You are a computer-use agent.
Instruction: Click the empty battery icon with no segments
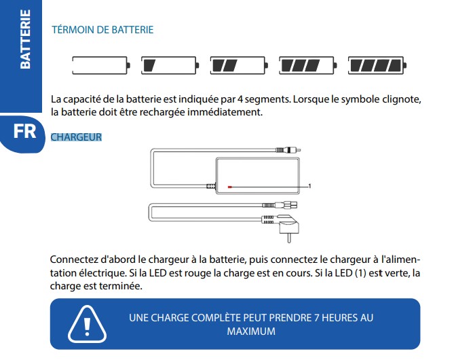click(100, 65)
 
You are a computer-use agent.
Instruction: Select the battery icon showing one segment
click(169, 65)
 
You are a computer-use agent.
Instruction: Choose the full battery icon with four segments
click(376, 65)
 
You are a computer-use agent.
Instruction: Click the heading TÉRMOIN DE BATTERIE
click(102, 30)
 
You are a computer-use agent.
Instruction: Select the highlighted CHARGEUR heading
click(76, 137)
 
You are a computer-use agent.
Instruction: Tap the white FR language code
click(24, 131)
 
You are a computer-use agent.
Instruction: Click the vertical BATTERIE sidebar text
click(25, 39)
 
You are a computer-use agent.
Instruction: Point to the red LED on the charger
click(230, 185)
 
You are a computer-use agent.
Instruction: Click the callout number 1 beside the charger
click(309, 185)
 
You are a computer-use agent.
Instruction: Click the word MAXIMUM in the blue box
click(251, 331)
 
